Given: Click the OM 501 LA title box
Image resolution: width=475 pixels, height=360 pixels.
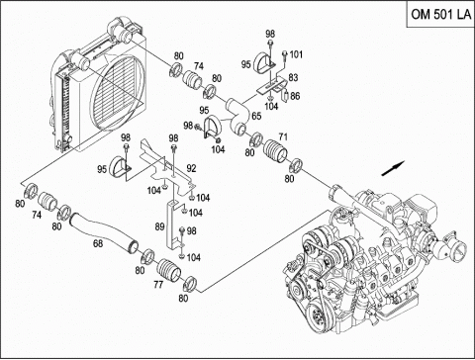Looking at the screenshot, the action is tap(440, 14).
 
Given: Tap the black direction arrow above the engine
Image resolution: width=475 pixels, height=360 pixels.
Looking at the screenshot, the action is tap(393, 168).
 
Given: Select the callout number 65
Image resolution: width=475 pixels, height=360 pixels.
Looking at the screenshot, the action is tap(256, 116).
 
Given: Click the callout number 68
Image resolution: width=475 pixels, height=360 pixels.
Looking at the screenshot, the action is tap(98, 243).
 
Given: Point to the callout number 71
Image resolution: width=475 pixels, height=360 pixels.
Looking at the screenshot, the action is tap(283, 136).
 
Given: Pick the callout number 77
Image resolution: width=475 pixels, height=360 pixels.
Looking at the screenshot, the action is tap(158, 284).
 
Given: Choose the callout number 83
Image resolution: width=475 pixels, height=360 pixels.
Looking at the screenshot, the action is tap(293, 77).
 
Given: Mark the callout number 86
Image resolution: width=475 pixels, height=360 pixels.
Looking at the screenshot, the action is tap(295, 96).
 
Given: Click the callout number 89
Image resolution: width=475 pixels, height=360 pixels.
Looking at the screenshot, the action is tap(159, 226).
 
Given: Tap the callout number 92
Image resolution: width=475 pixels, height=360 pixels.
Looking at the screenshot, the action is tap(191, 168).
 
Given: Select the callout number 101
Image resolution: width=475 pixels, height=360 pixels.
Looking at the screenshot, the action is tap(296, 54).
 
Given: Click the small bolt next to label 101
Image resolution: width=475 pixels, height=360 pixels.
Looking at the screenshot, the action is tap(284, 56).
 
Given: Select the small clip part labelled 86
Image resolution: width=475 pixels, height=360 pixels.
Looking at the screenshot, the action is tap(285, 97).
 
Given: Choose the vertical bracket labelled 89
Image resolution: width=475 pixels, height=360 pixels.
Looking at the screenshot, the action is tap(173, 225).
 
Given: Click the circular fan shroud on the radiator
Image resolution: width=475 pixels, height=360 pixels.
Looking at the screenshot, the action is tap(118, 92).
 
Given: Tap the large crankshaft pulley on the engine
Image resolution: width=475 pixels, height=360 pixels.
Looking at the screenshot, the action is tap(319, 318).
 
